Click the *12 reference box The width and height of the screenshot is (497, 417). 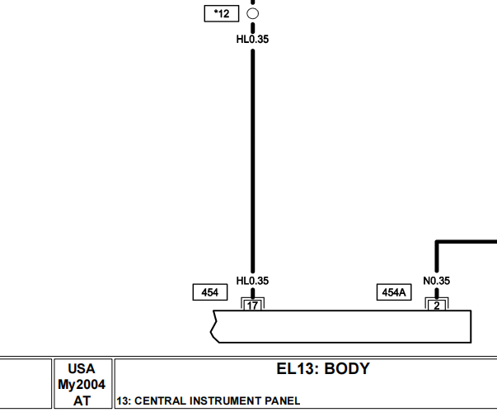click(222, 14)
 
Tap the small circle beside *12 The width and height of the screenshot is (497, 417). click(252, 14)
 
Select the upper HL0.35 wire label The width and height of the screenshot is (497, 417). click(252, 40)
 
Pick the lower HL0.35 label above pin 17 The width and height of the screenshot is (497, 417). click(252, 281)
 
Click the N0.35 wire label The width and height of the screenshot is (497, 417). click(437, 281)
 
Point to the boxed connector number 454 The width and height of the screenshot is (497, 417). click(210, 292)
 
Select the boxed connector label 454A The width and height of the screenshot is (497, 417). click(394, 292)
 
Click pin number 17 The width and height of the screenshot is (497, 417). click(252, 306)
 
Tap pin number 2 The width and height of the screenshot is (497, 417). click(437, 306)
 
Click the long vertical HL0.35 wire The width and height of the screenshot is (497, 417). click(252, 161)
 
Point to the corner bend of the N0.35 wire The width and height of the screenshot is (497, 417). click(437, 242)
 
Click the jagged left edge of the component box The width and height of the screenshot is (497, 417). click(215, 326)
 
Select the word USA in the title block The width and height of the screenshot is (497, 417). click(82, 369)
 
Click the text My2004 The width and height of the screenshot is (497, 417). click(82, 385)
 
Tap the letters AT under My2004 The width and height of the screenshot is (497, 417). click(82, 400)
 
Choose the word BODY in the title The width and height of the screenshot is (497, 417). click(347, 369)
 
